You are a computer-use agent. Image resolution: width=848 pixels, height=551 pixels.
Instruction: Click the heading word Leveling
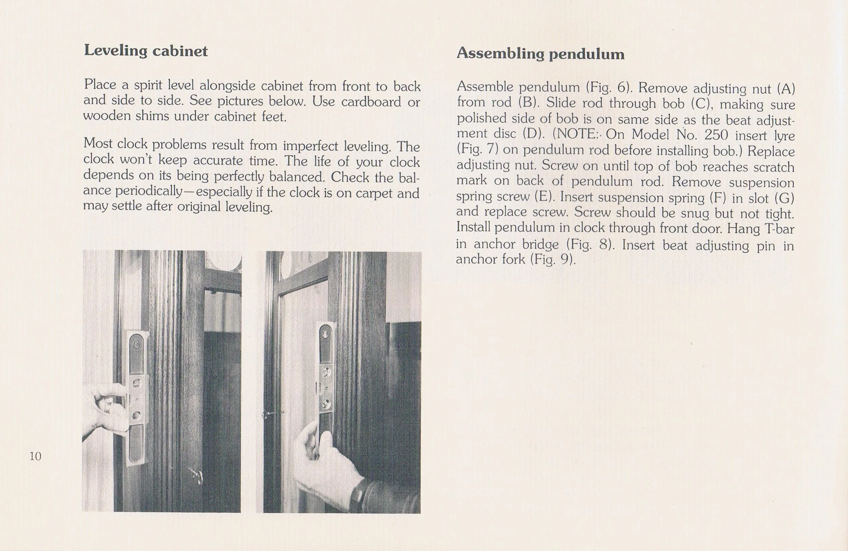[x=115, y=51]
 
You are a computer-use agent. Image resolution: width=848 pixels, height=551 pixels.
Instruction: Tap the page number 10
[x=35, y=456]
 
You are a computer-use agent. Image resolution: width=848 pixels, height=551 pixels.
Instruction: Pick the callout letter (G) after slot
[x=785, y=198]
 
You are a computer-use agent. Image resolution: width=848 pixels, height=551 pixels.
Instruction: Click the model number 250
[x=716, y=135]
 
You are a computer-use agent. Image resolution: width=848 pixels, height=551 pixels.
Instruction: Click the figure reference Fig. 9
[x=552, y=259]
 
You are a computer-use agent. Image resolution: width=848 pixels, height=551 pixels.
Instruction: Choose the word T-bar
[x=779, y=228]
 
